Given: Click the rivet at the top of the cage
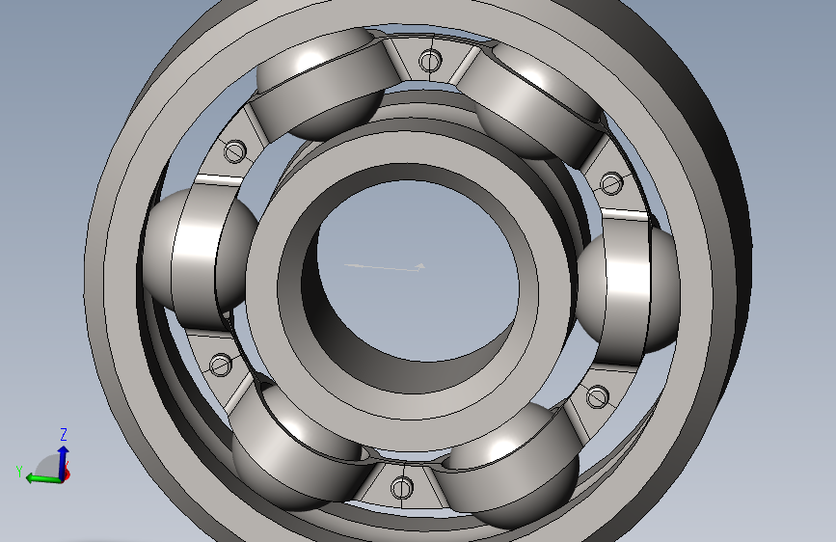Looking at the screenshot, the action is point(430,61).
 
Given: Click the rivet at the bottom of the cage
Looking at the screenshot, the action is point(401,487).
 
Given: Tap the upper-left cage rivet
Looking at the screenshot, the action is point(234,151).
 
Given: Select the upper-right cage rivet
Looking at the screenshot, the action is point(611,183).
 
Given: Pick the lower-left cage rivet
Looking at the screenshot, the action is point(221,366).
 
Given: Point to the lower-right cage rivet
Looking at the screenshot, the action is point(597,396).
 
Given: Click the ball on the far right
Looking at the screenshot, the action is point(629,290).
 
